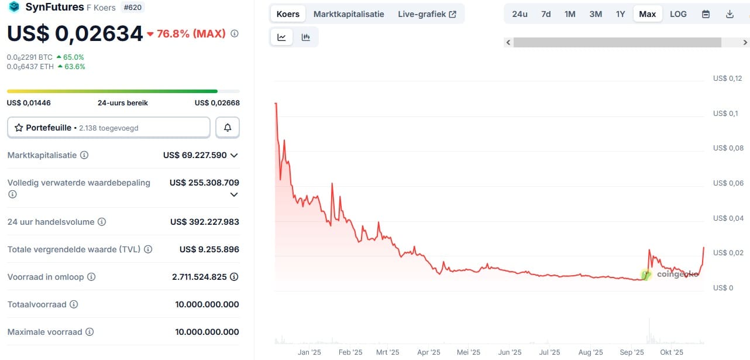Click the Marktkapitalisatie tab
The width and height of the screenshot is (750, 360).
pos(349,14)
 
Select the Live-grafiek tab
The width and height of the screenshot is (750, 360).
pos(426,14)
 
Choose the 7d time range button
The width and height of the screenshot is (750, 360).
pos(546,14)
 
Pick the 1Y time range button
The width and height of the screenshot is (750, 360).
pos(620,14)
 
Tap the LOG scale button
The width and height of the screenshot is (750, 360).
pos(678,14)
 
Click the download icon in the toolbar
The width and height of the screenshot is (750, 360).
pos(730,14)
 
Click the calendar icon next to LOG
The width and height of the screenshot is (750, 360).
pos(706,14)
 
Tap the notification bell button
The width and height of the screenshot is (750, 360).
pos(228,128)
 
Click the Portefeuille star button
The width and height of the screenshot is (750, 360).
pos(108,128)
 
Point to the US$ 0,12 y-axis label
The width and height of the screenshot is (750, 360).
pos(727,78)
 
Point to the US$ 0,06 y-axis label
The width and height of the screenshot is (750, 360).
pos(727,183)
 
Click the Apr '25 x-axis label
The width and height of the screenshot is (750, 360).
pos(429,352)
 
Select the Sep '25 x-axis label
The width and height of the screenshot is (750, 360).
pos(632,352)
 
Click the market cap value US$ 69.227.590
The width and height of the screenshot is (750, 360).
pos(195,155)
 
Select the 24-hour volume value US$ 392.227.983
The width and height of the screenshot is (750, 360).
pos(204,222)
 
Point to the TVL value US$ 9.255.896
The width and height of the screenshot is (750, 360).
pos(209,249)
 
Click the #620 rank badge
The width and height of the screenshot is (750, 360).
pos(132,8)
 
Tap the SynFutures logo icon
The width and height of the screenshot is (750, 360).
pos(13,8)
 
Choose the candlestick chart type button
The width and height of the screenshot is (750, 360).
pos(305,37)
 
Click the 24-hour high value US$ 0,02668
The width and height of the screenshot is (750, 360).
pos(216,103)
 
